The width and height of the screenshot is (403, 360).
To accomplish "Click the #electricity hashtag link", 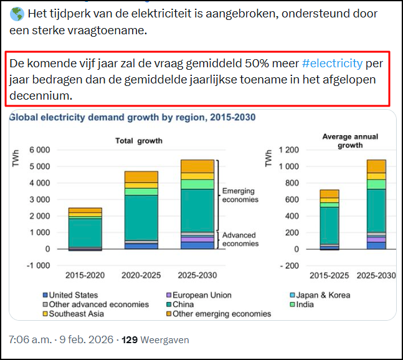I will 331,63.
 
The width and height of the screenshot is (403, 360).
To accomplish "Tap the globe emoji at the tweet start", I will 16,14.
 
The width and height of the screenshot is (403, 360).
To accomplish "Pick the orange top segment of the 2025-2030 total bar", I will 196,166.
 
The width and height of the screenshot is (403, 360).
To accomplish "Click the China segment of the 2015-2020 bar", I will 85,232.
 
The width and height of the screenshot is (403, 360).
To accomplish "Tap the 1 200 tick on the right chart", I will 287,150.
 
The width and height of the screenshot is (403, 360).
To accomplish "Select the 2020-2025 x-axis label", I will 141,275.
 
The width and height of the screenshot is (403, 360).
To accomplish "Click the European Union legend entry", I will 201,295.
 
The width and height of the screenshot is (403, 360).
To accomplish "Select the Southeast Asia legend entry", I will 72,313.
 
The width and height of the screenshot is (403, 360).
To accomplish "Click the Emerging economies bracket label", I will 240,195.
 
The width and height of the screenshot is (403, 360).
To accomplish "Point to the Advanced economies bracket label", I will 240,239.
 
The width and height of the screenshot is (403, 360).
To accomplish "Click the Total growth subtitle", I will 139,141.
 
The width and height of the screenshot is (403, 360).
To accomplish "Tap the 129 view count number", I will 129,340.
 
